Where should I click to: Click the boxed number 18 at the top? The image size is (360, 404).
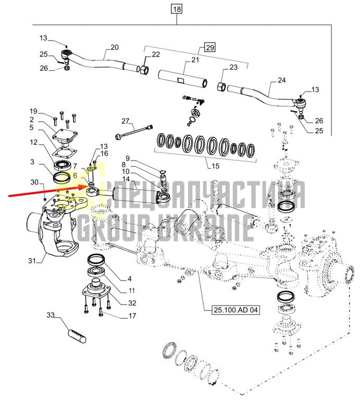point(177,9)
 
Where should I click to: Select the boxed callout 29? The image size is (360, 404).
point(209,47)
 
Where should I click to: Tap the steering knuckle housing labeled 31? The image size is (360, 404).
point(54,229)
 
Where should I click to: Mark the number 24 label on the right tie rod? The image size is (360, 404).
point(281,80)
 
